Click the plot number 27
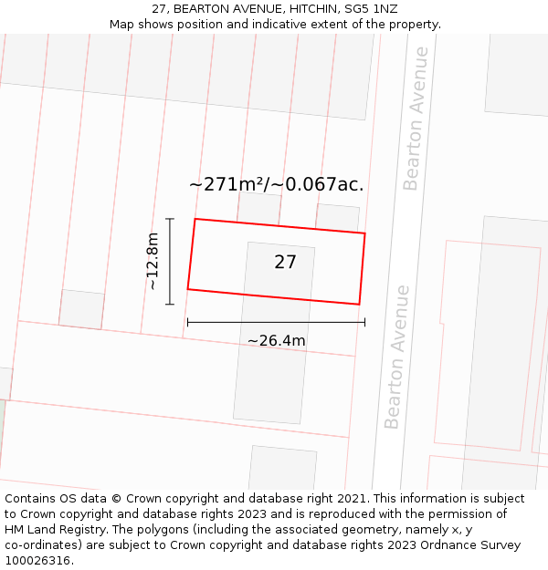tap(286, 263)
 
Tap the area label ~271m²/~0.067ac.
tap(276, 184)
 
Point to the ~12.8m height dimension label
tap(153, 262)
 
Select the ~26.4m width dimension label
tap(276, 341)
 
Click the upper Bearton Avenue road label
tap(416, 119)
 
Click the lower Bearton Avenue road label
tap(397, 357)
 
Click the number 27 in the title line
tap(160, 9)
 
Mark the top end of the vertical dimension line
tap(170, 219)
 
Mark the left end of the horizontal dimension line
tap(187, 322)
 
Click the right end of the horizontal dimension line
tap(364, 322)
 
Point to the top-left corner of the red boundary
tap(195, 219)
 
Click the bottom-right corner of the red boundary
tap(359, 305)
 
